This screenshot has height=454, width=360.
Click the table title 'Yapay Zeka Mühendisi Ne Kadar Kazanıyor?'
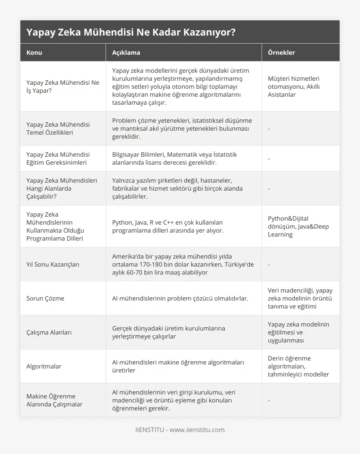click(x=130, y=32)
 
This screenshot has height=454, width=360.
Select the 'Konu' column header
click(x=34, y=52)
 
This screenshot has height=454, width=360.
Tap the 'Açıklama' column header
click(x=126, y=52)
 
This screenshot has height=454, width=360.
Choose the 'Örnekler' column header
click(x=281, y=52)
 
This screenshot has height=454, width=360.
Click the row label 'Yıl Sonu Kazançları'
click(x=53, y=264)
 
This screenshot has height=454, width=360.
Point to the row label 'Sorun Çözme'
click(x=45, y=298)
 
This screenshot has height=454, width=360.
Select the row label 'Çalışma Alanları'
click(x=49, y=332)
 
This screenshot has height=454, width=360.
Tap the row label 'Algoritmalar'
click(x=44, y=366)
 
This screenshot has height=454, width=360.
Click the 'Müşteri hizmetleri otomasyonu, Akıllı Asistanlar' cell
click(x=294, y=86)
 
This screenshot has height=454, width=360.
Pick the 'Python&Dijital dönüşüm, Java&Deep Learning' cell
click(x=298, y=226)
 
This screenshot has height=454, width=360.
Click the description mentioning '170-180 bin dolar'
click(x=183, y=264)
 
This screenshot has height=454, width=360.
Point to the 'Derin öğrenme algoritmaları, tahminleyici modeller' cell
click(x=298, y=366)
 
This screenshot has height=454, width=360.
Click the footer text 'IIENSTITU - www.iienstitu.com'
click(x=180, y=430)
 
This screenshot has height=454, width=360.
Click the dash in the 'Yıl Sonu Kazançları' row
click(x=269, y=264)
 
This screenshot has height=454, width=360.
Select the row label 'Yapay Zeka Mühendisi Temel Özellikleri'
click(x=58, y=128)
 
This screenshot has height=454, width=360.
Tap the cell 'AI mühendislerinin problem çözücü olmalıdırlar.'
click(x=180, y=298)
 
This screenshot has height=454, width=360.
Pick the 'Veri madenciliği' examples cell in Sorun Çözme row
click(x=300, y=298)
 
